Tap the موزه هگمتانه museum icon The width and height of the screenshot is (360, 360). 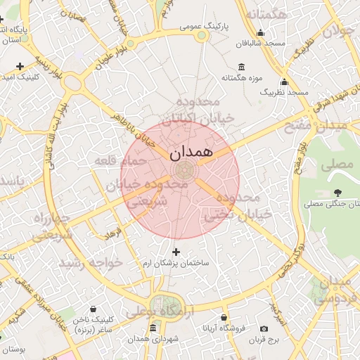click(242, 67)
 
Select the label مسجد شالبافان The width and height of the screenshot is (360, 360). click(260, 44)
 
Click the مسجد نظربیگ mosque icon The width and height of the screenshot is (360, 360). click(284, 82)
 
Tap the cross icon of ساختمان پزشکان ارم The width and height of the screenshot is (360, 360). click(176, 251)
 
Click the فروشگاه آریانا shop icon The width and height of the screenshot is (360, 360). click(224, 318)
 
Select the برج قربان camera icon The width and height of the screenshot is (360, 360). click(264, 328)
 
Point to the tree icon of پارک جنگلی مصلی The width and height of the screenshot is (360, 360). click(338, 192)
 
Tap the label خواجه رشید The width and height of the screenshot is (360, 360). click(91, 262)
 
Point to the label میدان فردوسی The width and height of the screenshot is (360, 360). click(336, 290)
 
